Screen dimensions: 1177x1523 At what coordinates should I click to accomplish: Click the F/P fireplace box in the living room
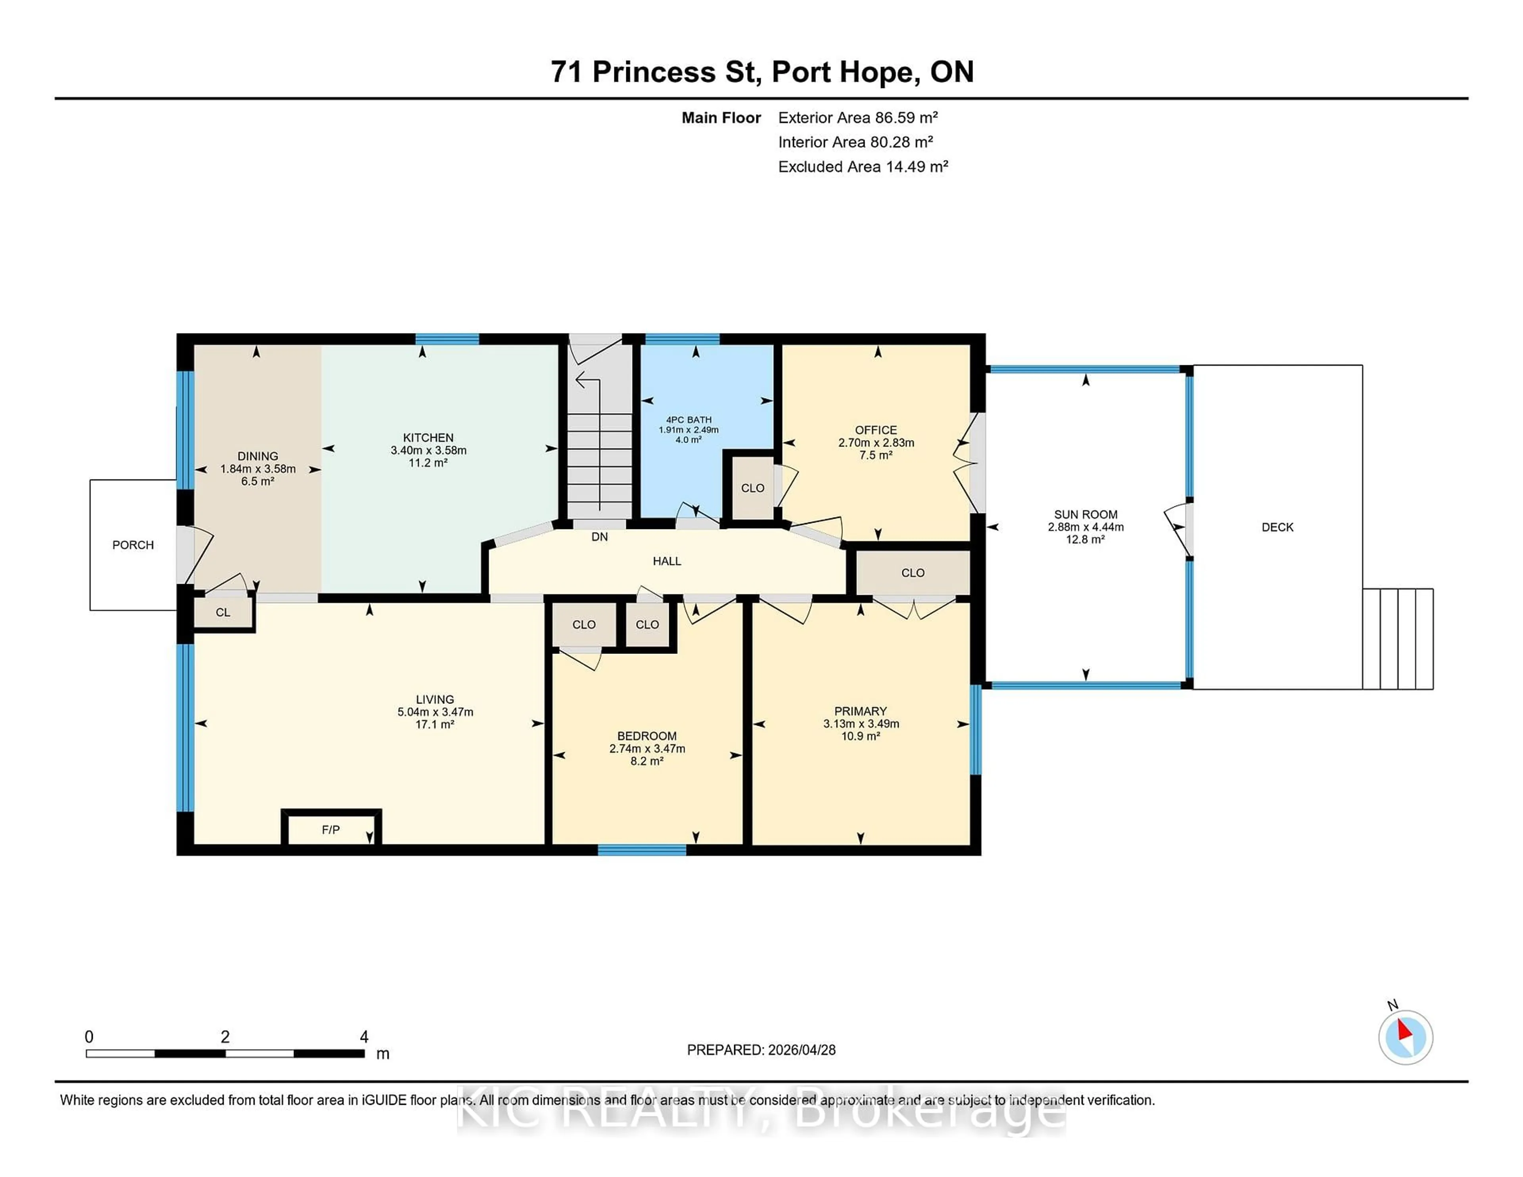(x=330, y=830)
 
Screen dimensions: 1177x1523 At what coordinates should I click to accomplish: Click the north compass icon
(x=1405, y=1037)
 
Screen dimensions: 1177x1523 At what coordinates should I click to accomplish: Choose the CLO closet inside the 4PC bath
(x=752, y=488)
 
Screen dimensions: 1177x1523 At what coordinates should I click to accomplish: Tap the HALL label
(x=667, y=561)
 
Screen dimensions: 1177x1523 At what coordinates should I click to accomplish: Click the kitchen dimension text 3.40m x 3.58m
(x=428, y=450)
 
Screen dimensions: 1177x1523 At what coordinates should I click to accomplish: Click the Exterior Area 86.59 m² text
(x=858, y=118)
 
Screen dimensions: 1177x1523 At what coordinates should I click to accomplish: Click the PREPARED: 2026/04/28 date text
(x=761, y=1050)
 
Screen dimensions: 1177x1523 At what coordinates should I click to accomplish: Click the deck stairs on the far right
(x=1398, y=639)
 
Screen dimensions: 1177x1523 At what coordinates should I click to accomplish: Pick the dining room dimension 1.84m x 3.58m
(x=258, y=469)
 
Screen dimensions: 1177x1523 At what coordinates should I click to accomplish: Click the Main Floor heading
(x=721, y=118)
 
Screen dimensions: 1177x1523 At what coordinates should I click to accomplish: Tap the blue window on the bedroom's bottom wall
(x=642, y=849)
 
